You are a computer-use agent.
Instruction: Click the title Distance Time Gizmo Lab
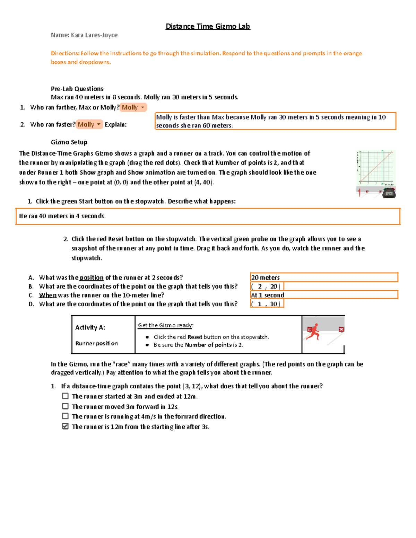click(208, 26)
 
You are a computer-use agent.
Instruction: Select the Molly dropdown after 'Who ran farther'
click(133, 107)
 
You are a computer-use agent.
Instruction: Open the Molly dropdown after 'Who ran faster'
click(89, 124)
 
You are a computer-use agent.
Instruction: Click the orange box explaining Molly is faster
click(275, 121)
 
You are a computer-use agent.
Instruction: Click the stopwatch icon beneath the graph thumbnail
click(389, 193)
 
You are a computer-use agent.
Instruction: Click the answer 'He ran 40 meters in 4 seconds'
click(62, 216)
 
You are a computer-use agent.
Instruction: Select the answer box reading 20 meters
click(324, 277)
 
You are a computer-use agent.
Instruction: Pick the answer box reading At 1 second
click(324, 295)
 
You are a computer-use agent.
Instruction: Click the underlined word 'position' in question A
click(92, 277)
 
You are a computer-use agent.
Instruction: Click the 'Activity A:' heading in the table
click(90, 327)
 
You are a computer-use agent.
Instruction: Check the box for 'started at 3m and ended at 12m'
click(65, 396)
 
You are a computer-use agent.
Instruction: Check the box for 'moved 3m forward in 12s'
click(65, 406)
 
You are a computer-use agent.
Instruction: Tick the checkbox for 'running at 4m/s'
click(65, 416)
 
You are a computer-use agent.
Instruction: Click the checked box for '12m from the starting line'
click(65, 426)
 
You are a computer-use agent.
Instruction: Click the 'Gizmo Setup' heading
click(69, 142)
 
